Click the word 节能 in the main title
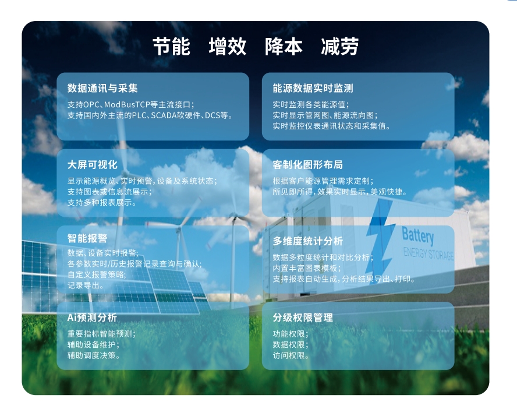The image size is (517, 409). coord(171,47)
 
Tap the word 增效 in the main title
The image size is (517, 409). coord(228,47)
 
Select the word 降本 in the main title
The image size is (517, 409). coord(284,47)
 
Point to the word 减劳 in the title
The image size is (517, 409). coord(339,47)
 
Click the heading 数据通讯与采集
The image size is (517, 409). coord(102,88)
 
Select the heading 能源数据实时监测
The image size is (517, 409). coord(313,88)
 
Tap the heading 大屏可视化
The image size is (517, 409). coord(93,164)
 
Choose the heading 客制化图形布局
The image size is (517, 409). coord(307,164)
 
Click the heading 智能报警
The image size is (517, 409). coord(87,238)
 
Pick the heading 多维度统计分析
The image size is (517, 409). coord(307,241)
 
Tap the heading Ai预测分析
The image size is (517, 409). coord(92,318)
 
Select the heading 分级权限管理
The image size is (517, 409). coord(303,318)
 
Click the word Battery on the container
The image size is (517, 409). coord(418,235)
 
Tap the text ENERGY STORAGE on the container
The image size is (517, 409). coord(429,253)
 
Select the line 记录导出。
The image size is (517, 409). coord(86,285)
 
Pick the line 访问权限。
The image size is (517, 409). coord(291,355)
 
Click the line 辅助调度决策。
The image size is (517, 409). coord(94,355)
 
